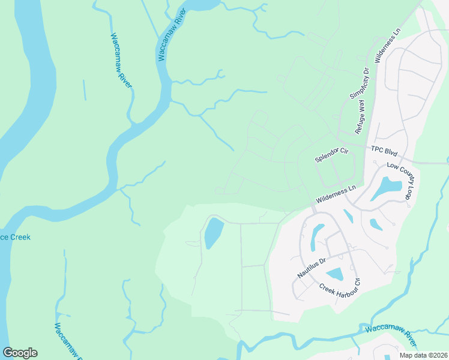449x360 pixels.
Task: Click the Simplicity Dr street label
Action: tap(359, 84)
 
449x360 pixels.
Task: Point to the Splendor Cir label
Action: tap(332, 155)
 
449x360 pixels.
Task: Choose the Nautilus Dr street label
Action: tap(311, 268)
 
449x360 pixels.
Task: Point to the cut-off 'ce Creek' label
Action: tap(15, 237)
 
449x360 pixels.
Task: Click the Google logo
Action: tap(20, 353)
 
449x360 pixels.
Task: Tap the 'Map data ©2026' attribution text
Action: tap(423, 355)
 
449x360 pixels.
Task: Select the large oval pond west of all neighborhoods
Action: tap(213, 233)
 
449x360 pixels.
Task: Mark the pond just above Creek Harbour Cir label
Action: tap(335, 274)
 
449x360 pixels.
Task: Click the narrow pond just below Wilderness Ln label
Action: tap(348, 215)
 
